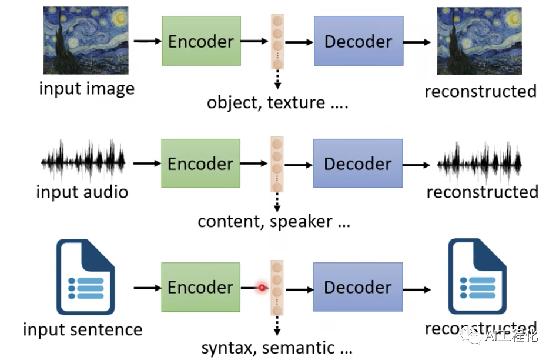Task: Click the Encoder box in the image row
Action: click(x=201, y=41)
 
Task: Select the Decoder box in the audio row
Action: click(x=358, y=164)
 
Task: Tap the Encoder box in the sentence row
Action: click(x=201, y=286)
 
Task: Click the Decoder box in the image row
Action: click(x=358, y=41)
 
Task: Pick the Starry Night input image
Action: click(x=85, y=40)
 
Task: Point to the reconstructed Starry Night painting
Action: click(x=480, y=40)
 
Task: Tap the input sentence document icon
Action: click(x=85, y=276)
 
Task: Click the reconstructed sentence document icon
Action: click(x=477, y=276)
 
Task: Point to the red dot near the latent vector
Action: click(x=262, y=288)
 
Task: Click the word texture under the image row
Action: click(x=296, y=103)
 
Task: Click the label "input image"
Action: click(x=86, y=89)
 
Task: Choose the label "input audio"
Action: click(x=82, y=192)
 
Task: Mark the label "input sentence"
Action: click(x=82, y=329)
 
